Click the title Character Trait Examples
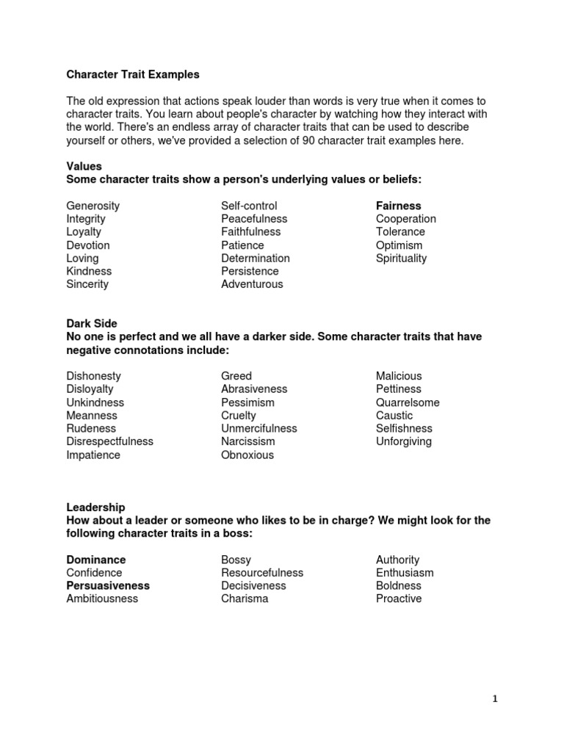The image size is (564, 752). pyautogui.click(x=132, y=74)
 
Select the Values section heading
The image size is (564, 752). pyautogui.click(x=84, y=166)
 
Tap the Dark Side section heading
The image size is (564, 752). pyautogui.click(x=91, y=323)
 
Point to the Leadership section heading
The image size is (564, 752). pyautogui.click(x=95, y=507)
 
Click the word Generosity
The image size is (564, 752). pyautogui.click(x=93, y=206)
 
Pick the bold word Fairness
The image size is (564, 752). pyautogui.click(x=399, y=206)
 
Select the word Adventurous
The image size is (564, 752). pyautogui.click(x=252, y=284)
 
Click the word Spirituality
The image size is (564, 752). pyautogui.click(x=401, y=258)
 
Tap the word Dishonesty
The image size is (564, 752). pyautogui.click(x=93, y=376)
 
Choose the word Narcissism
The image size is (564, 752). pyautogui.click(x=248, y=441)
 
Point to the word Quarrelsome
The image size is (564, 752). pyautogui.click(x=408, y=402)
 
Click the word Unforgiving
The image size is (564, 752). pyautogui.click(x=404, y=441)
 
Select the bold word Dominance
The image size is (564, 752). pyautogui.click(x=96, y=560)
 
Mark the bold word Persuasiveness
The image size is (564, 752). pyautogui.click(x=108, y=586)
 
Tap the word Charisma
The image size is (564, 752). pyautogui.click(x=245, y=599)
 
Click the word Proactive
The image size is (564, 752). pyautogui.click(x=399, y=599)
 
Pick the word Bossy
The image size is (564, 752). pyautogui.click(x=236, y=560)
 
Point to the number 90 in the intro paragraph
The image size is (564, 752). pyautogui.click(x=309, y=140)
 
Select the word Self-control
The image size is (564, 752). pyautogui.click(x=249, y=206)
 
